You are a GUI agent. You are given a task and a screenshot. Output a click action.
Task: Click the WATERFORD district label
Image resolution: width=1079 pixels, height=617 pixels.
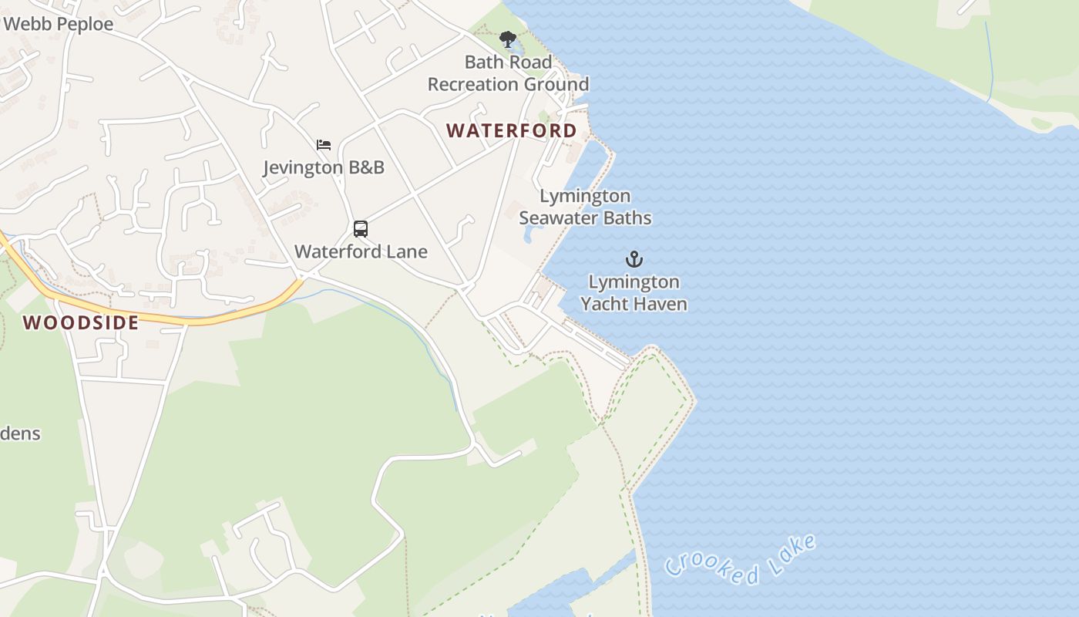point(512,130)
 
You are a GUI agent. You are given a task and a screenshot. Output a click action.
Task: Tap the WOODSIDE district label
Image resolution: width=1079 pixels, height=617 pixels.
point(81,322)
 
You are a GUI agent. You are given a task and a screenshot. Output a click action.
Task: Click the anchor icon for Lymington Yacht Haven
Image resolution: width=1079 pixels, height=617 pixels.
point(634,258)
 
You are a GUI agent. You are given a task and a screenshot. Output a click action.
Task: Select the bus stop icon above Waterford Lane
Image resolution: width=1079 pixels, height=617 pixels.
point(361,228)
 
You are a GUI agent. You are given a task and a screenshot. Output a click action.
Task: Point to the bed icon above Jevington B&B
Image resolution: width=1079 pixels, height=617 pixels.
point(324,144)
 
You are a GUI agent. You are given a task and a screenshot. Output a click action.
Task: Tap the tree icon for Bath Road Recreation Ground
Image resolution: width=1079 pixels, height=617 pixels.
point(507,39)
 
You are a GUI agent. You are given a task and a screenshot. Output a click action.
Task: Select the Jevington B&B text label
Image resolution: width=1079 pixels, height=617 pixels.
point(324,167)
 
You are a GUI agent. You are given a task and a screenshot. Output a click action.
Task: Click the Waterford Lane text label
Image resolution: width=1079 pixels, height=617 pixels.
point(361,251)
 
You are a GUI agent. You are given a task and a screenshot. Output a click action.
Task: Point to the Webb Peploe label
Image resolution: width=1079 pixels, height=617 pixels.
point(58,24)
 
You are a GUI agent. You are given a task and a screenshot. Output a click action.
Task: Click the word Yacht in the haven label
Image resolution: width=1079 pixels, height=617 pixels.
point(605,304)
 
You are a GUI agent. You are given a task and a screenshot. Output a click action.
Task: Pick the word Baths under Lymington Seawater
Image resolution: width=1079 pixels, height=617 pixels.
point(628,218)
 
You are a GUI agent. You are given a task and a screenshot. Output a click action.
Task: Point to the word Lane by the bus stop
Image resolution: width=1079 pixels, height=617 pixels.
point(408,251)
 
